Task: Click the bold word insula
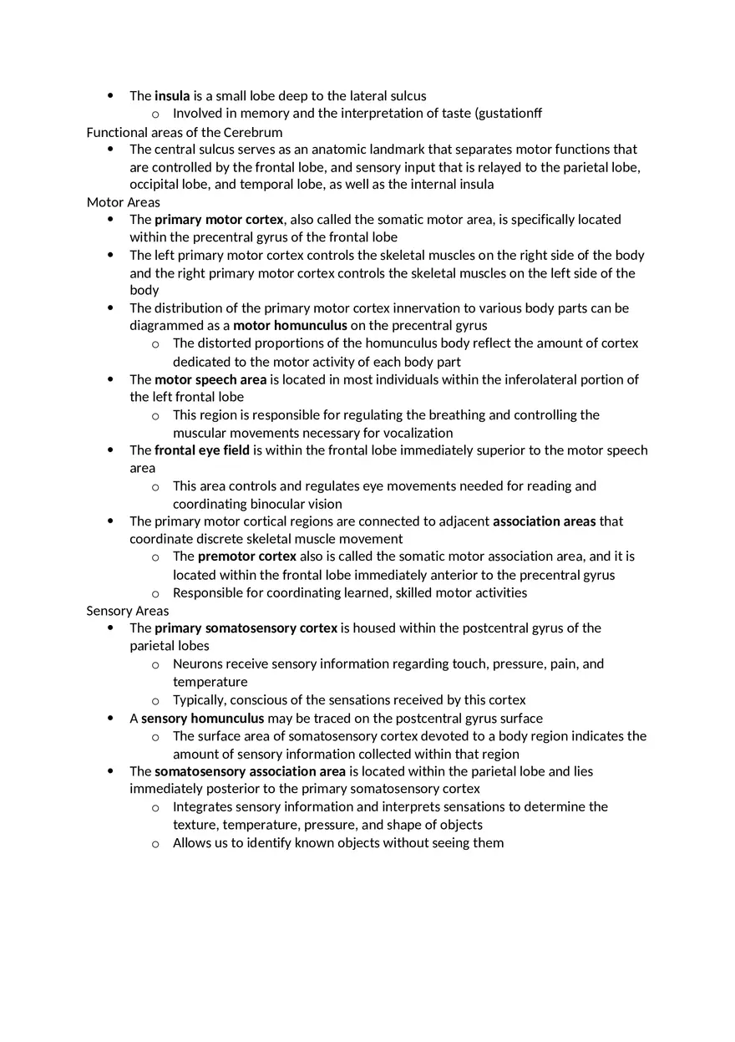[172, 96]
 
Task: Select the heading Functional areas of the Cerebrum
[185, 132]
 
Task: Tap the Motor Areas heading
[124, 202]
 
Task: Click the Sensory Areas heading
[128, 611]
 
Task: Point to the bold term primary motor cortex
[219, 220]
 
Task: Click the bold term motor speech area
[210, 379]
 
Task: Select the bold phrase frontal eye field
[202, 450]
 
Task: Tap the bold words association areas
[545, 521]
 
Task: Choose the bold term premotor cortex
[247, 557]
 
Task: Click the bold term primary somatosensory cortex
[246, 628]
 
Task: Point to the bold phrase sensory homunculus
[202, 719]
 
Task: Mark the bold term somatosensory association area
[250, 771]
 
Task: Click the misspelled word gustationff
[509, 114]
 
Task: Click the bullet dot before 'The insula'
[111, 96]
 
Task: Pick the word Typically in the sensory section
[198, 700]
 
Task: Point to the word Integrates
[202, 807]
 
